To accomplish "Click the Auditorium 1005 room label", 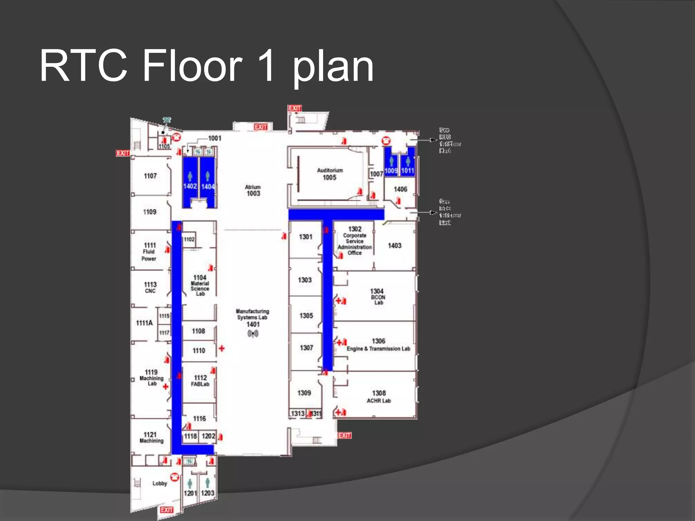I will [x=330, y=174].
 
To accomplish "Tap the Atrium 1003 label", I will [x=253, y=190].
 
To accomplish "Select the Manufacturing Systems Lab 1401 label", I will [x=252, y=317].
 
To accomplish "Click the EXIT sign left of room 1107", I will [x=123, y=153].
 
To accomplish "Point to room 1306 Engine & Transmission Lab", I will [x=378, y=345].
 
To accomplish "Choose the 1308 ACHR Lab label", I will [x=379, y=397].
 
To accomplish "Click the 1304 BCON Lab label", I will [x=377, y=296].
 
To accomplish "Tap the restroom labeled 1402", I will [x=190, y=186].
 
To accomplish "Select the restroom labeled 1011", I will [x=408, y=171].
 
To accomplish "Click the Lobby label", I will [x=159, y=483].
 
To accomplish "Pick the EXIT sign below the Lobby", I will [x=167, y=510].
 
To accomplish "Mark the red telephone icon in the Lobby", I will [x=174, y=477].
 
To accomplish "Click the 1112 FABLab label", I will [x=200, y=381].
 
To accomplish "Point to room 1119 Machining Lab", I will [x=151, y=378].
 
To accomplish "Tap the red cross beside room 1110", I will [x=222, y=348].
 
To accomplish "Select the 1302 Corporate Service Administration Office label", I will [x=355, y=241].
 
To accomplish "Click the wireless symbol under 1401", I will [x=253, y=334].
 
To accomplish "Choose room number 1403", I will [x=395, y=245].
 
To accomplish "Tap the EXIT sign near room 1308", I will [x=344, y=435].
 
